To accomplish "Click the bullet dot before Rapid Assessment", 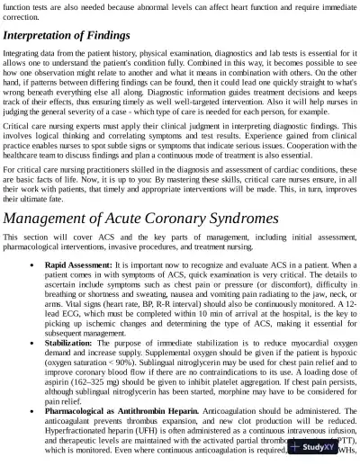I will [32, 266].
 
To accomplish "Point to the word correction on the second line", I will [22, 15].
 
